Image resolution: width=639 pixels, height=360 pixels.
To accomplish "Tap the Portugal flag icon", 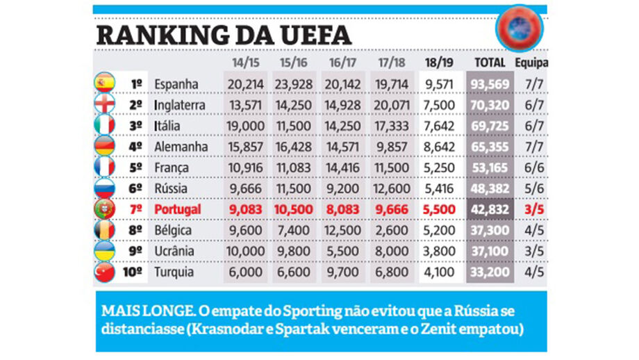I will click(x=103, y=209).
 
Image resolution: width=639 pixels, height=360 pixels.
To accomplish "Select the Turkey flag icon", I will click(x=103, y=272).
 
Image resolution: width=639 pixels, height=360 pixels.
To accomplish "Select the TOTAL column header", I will click(x=490, y=63).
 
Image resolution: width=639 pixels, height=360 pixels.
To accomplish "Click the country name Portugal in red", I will click(x=177, y=209).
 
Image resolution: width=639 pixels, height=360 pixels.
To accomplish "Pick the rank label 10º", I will click(x=134, y=272).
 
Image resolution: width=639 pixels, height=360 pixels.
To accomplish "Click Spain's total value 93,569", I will click(x=490, y=84).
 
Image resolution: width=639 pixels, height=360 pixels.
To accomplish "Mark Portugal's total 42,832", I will click(x=490, y=209).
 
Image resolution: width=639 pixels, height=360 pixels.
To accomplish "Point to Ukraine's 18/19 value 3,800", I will click(x=439, y=251).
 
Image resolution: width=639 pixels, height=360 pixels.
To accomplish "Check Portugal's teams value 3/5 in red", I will click(x=533, y=209).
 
